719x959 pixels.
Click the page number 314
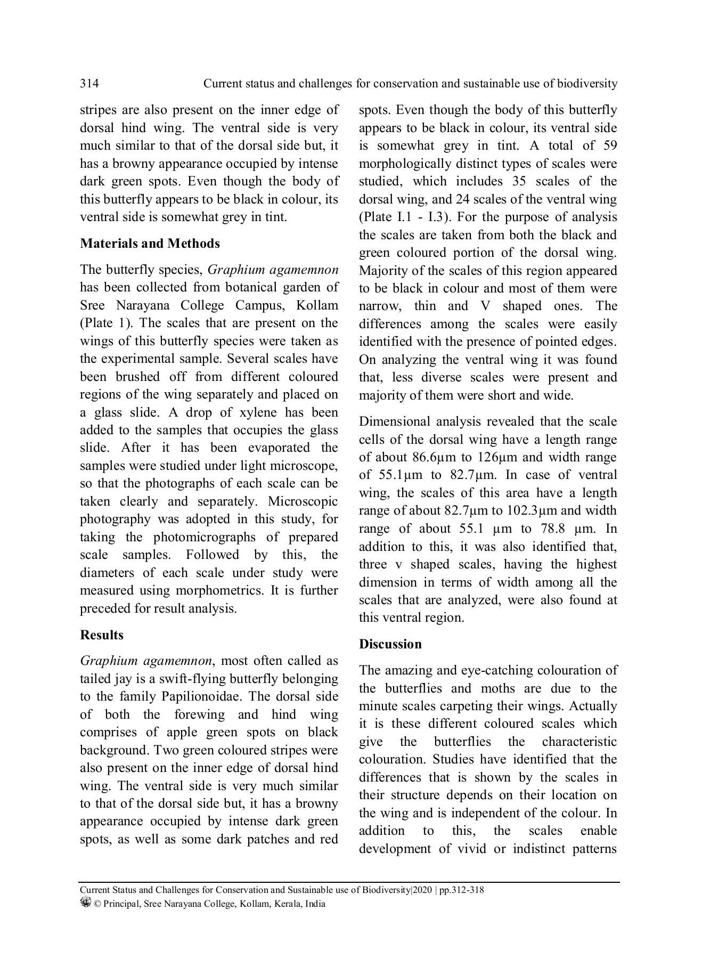(89, 84)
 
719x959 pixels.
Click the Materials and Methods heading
(150, 243)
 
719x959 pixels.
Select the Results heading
(101, 635)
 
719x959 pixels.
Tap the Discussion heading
(390, 644)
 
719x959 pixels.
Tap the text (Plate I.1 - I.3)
(404, 217)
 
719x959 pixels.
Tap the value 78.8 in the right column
(554, 529)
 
